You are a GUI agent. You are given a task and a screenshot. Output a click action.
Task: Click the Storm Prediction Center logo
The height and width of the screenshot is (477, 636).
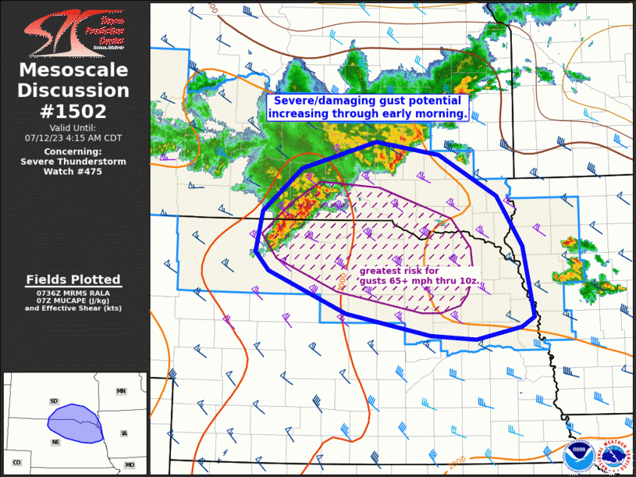click(74, 31)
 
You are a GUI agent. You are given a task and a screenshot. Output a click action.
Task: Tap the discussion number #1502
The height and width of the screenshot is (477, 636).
click(74, 110)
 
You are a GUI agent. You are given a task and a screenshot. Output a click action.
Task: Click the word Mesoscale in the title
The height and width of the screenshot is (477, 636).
click(74, 71)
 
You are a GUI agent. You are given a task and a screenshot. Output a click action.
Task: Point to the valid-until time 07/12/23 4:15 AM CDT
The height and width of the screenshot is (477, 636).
click(73, 137)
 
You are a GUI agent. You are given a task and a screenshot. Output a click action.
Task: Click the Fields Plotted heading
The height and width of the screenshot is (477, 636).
click(73, 279)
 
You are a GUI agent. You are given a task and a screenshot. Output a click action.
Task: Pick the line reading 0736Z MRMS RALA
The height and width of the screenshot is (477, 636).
click(73, 293)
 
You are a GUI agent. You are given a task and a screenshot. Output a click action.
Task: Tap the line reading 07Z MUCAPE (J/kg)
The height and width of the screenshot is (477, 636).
click(73, 301)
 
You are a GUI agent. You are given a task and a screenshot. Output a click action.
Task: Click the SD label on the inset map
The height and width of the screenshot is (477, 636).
click(54, 401)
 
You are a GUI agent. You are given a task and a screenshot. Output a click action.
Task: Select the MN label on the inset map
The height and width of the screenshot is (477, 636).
click(121, 390)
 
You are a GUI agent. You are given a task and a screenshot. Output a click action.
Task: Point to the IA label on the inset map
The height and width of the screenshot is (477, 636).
click(123, 433)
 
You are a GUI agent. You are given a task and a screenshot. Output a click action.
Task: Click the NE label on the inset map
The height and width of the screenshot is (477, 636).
click(56, 442)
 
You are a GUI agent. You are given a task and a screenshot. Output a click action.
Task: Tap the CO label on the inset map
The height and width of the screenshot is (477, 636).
click(16, 463)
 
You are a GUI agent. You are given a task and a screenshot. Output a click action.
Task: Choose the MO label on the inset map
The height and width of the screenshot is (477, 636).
click(129, 465)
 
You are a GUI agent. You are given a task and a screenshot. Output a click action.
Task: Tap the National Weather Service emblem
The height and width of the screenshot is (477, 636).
click(612, 454)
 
